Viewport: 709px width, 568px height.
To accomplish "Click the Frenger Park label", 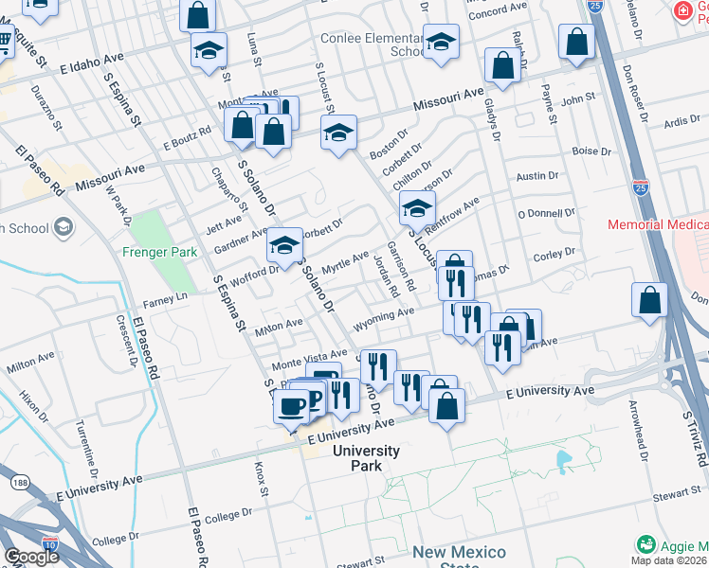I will pyautogui.click(x=158, y=252).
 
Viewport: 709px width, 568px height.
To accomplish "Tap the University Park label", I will pyautogui.click(x=366, y=458).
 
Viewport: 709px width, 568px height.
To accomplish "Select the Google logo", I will pyautogui.click(x=31, y=556).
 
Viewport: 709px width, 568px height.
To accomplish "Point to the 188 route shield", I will pyautogui.click(x=21, y=483).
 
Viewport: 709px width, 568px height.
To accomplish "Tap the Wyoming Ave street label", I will pyautogui.click(x=384, y=317).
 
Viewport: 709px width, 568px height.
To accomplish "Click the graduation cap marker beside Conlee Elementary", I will pyautogui.click(x=441, y=43).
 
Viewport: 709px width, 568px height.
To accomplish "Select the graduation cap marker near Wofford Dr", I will pyautogui.click(x=283, y=245).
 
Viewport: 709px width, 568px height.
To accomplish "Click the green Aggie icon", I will pyautogui.click(x=646, y=545).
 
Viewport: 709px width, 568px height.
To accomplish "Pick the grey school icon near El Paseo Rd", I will pyautogui.click(x=64, y=226).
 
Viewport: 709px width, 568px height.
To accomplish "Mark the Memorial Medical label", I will pyautogui.click(x=658, y=225).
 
